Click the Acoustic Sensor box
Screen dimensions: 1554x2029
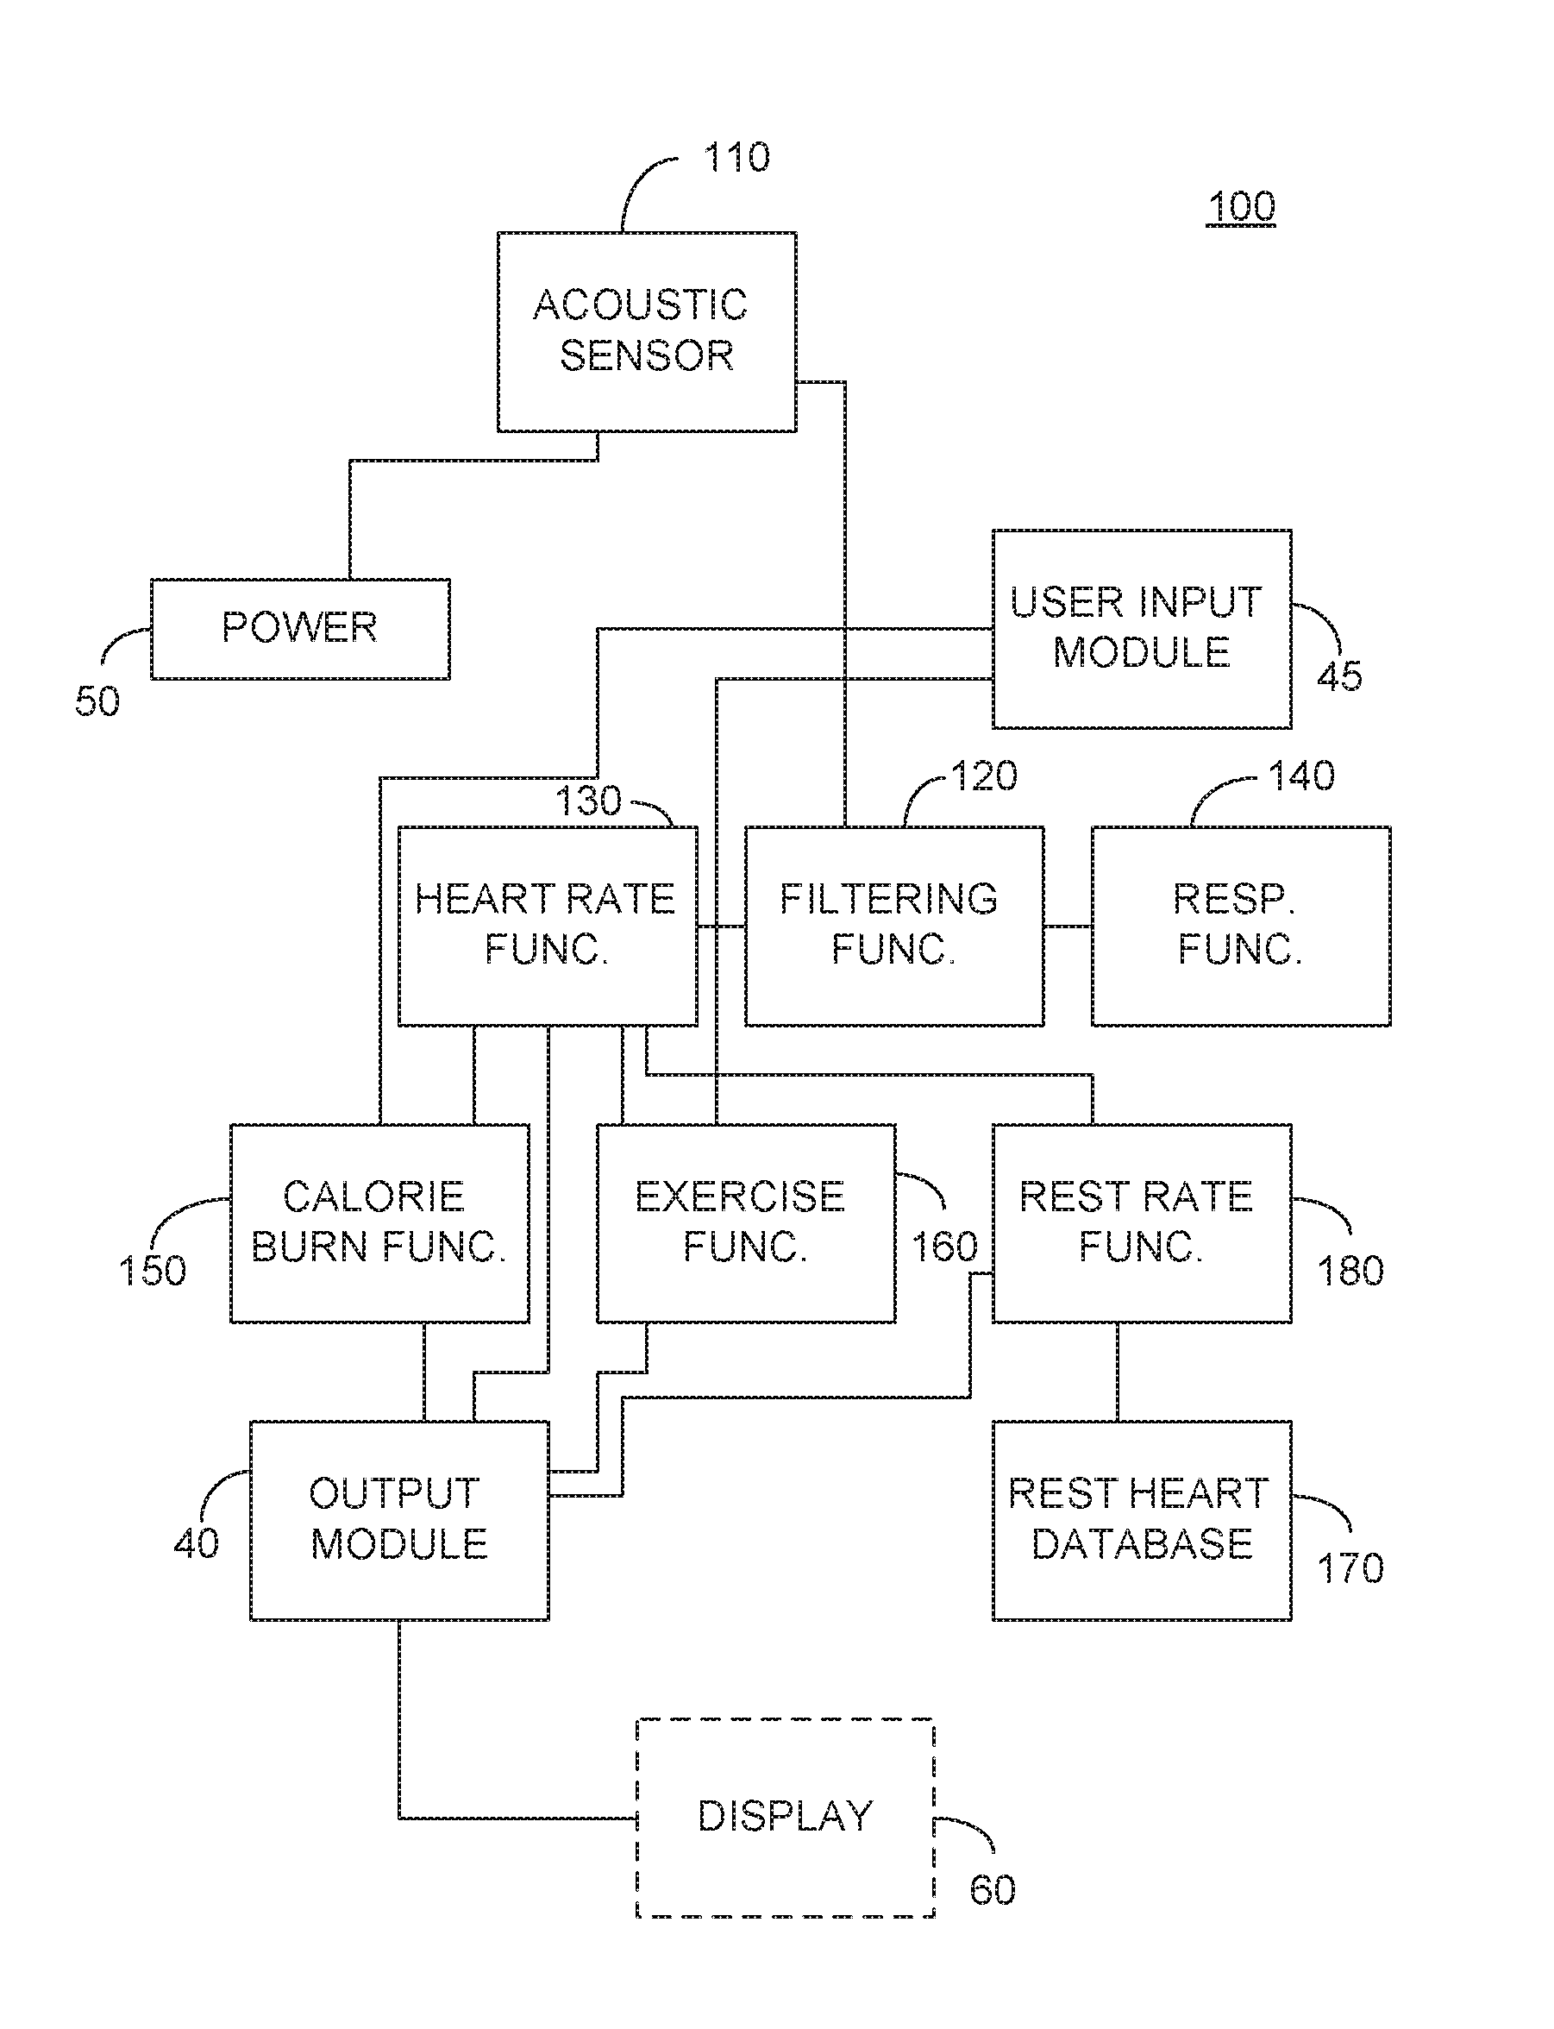coord(647,331)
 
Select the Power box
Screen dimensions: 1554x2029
coord(301,629)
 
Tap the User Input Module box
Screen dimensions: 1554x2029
coord(1142,629)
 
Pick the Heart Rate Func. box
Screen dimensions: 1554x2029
coord(548,927)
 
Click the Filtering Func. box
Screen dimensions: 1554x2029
coord(894,927)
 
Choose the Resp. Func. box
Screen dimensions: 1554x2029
coord(1240,927)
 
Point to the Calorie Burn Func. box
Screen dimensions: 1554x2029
coord(379,1223)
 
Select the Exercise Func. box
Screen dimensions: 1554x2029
coord(746,1223)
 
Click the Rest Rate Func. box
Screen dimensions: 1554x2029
coord(1142,1223)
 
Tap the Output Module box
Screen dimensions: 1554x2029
coord(399,1520)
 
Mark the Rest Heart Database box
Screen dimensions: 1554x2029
coord(1142,1520)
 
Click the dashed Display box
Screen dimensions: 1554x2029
coord(786,1817)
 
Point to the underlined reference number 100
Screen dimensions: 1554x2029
coord(1241,206)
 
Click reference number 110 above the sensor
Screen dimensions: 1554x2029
coord(736,157)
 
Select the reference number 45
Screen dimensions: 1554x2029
coord(1339,677)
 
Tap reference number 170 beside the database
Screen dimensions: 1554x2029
coord(1350,1568)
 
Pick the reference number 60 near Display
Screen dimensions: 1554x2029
coord(993,1889)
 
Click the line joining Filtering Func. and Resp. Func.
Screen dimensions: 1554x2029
coord(1068,927)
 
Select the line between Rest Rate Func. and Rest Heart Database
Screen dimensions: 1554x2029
coord(1118,1373)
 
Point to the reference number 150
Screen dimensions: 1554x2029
coord(153,1271)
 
